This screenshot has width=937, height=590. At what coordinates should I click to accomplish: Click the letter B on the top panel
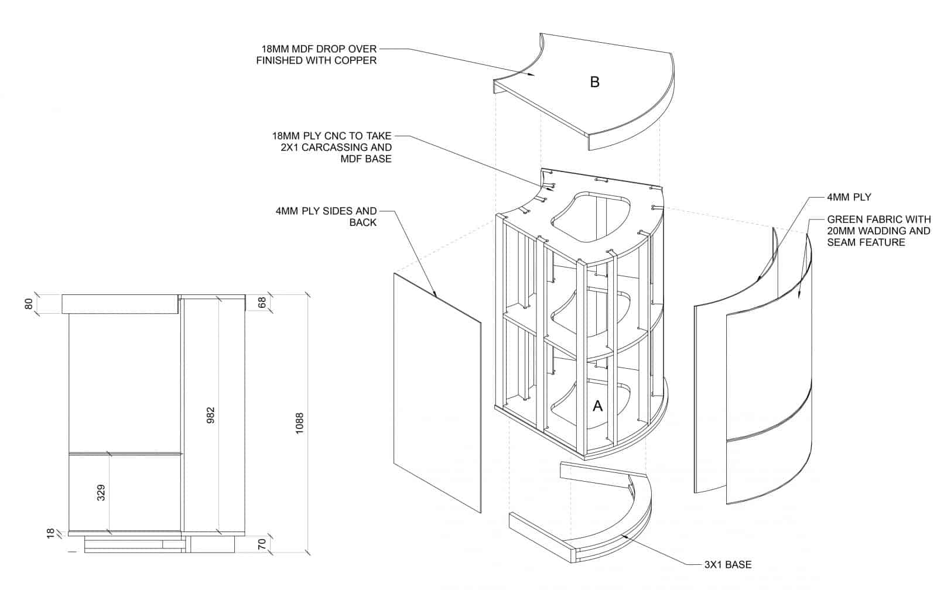[x=594, y=83]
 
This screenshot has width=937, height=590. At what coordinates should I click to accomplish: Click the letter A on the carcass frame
[x=597, y=406]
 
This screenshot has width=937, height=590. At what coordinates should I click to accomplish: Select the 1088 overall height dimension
[x=300, y=423]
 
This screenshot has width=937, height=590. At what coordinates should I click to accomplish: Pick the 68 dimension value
[x=262, y=303]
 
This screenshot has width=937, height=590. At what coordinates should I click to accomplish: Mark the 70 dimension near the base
[x=262, y=543]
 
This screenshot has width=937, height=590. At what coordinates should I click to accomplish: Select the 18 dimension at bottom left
[x=50, y=533]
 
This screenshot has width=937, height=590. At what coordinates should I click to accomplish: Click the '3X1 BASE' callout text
[x=728, y=565]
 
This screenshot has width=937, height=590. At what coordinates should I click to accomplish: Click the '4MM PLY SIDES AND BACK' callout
[x=326, y=216]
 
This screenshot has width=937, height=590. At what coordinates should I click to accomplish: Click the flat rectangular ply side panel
[x=437, y=392]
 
